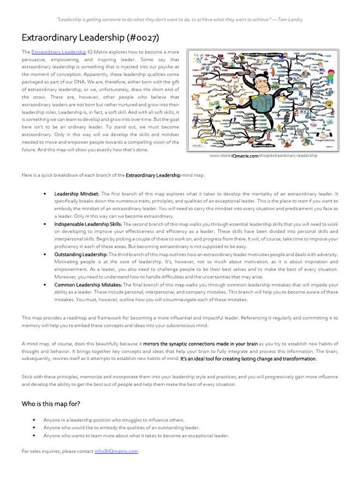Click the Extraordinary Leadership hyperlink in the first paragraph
pos(59,52)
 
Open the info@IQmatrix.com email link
pos(116,451)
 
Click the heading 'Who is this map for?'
pos(51,404)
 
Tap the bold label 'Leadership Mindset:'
pos(77,194)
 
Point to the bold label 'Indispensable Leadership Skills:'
pos(88,224)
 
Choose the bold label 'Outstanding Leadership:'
pos(81,255)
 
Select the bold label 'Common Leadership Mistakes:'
pos(89,285)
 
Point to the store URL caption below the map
pos(263,156)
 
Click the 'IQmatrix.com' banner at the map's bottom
pos(265,146)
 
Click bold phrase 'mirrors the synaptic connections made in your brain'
pos(201,344)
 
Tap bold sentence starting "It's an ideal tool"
pos(248,359)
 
